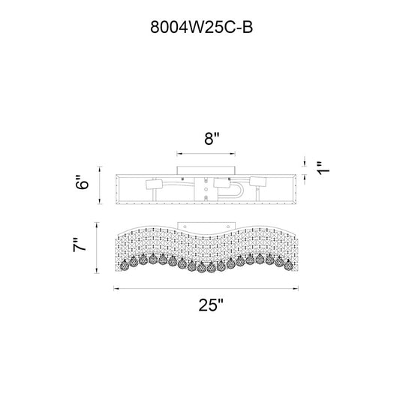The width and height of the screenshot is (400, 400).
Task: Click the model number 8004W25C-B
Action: (202, 27)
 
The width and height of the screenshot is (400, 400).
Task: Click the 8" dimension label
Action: (212, 139)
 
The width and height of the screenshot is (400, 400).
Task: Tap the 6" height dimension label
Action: (82, 182)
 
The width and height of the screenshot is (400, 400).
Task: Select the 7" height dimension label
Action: (80, 245)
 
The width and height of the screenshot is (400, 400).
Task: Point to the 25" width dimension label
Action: (211, 305)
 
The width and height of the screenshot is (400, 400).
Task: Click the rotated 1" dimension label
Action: (323, 168)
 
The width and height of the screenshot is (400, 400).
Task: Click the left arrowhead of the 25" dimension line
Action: (116, 289)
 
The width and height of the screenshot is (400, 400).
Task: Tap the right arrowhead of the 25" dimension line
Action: (296, 289)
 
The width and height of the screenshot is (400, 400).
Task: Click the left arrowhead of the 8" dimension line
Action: (179, 154)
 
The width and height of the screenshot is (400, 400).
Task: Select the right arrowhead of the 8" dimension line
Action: (233, 154)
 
